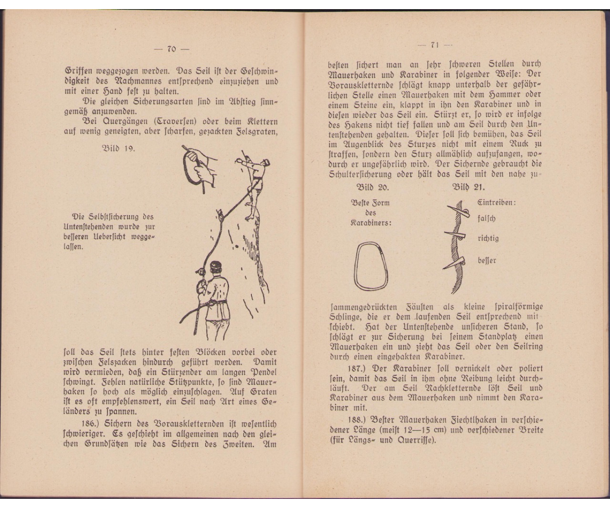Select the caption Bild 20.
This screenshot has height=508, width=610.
[373, 187]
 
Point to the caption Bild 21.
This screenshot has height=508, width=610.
[469, 187]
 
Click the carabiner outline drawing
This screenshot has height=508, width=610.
[371, 266]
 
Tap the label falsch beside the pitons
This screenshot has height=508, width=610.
[486, 218]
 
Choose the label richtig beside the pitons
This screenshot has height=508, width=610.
[488, 238]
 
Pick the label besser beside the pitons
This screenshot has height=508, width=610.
[486, 261]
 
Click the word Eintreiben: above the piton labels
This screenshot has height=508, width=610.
[496, 202]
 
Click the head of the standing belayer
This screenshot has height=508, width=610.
[216, 267]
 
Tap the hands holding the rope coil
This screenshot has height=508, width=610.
[201, 165]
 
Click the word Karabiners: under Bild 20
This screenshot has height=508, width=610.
[371, 223]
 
